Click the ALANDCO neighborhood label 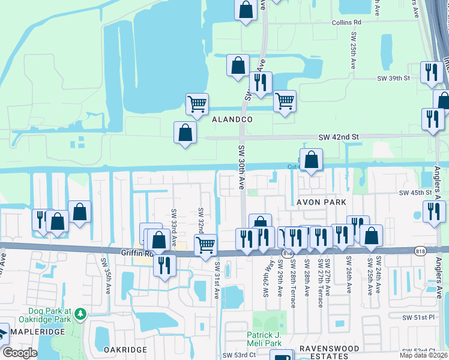click(232, 120)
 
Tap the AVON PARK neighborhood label click(321, 202)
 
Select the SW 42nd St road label click(338, 137)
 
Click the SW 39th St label click(393, 79)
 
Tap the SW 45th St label click(416, 193)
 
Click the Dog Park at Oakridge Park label click(49, 316)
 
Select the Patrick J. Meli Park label click(264, 340)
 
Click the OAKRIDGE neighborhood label click(125, 349)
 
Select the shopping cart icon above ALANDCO click(197, 104)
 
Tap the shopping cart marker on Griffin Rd click(205, 245)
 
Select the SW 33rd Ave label click(173, 220)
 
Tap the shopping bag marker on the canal click(311, 160)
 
